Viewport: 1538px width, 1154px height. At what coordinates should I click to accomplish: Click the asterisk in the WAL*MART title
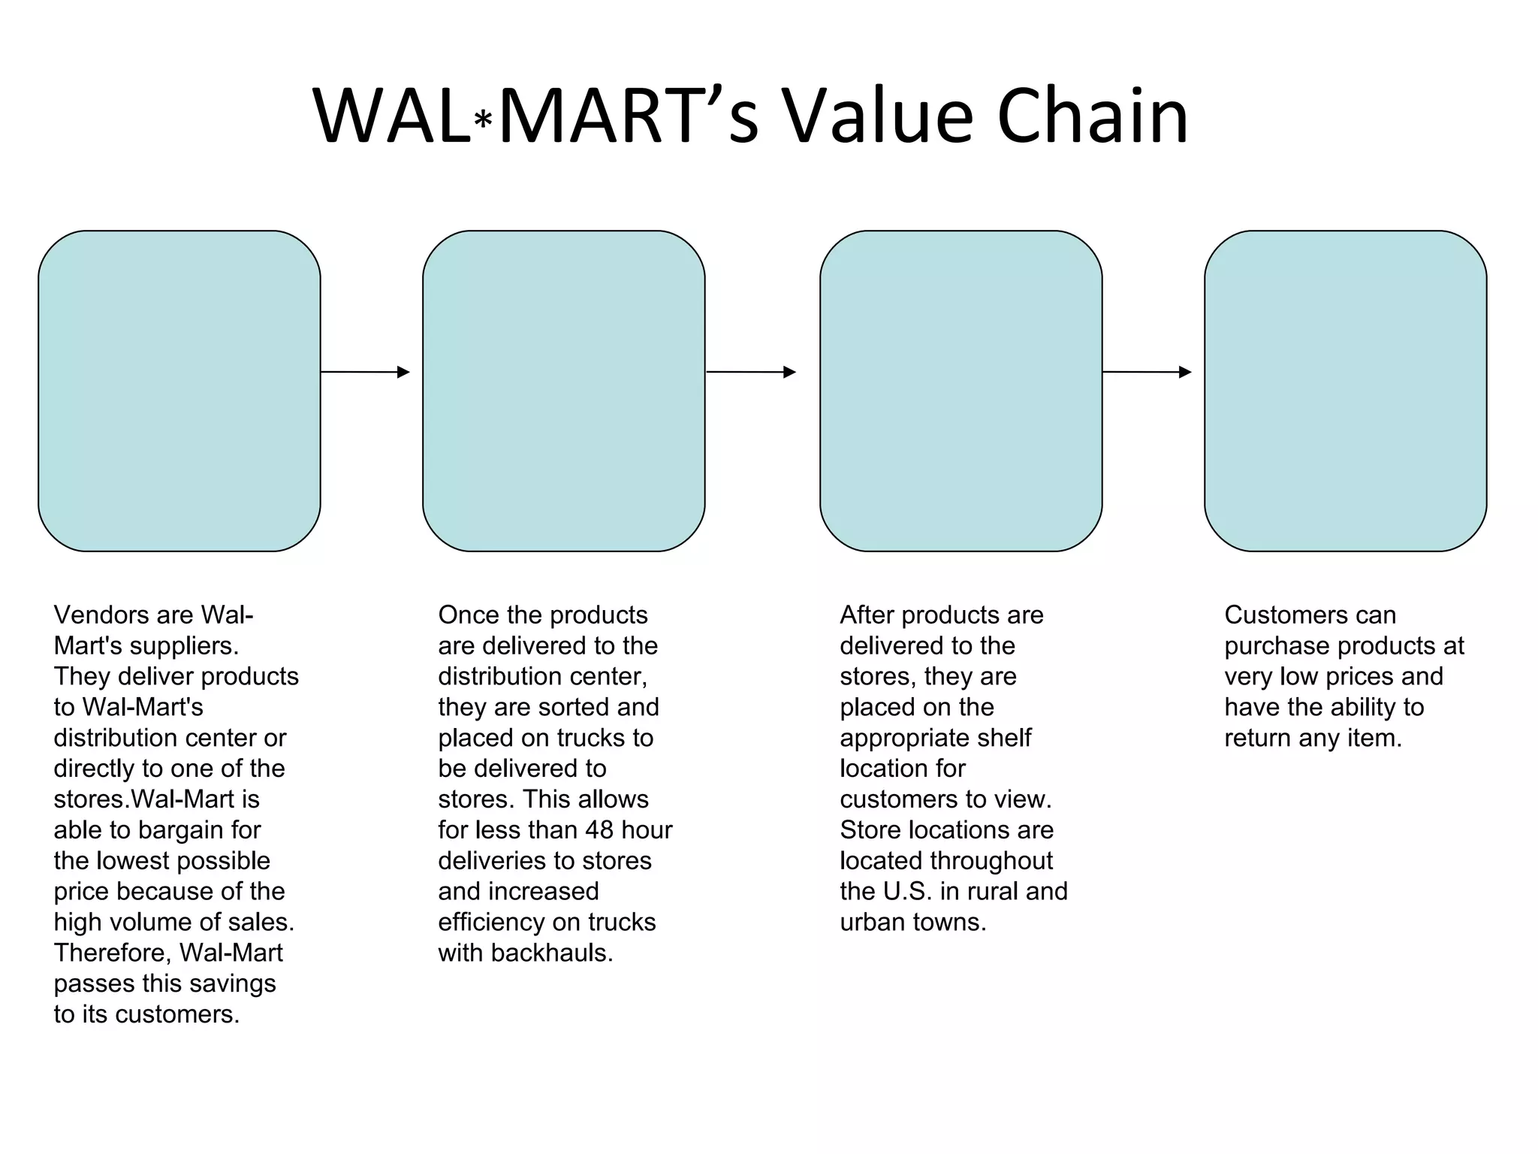tap(484, 121)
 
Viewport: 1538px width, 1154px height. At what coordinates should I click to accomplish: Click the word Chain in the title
tap(1093, 116)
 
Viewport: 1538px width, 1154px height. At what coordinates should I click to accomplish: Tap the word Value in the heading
tap(879, 116)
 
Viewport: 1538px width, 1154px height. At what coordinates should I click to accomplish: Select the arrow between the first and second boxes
tap(366, 372)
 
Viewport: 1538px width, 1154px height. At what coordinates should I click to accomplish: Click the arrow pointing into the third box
tap(751, 372)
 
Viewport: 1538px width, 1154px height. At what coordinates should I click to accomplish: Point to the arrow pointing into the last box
tap(1147, 372)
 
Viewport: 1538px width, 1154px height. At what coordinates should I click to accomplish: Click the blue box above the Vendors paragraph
tap(179, 391)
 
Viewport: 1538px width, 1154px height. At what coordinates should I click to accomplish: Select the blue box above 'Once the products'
tap(564, 391)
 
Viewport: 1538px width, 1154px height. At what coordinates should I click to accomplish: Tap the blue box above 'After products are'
tap(961, 391)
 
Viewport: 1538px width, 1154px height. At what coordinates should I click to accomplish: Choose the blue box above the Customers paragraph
tap(1346, 391)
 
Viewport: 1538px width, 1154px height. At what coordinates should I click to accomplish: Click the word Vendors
tap(101, 615)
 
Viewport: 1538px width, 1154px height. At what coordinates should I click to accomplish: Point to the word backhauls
tap(552, 953)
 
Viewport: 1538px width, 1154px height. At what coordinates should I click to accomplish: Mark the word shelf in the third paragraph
tap(1009, 739)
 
